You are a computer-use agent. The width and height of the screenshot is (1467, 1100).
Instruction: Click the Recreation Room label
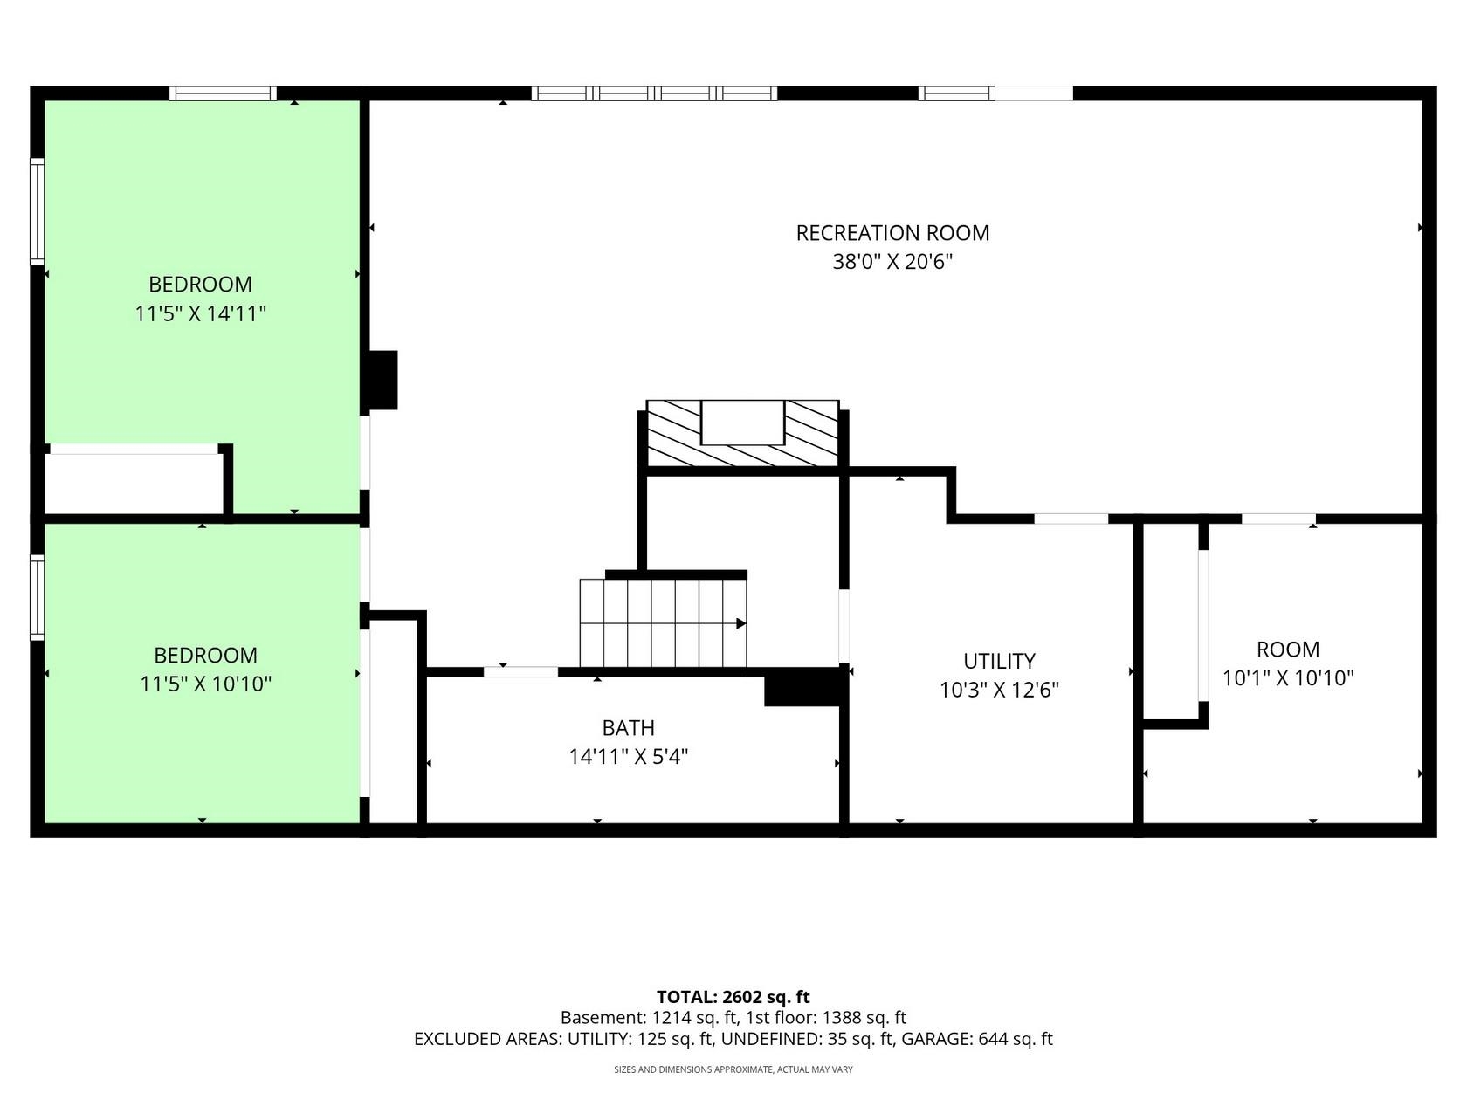tap(892, 233)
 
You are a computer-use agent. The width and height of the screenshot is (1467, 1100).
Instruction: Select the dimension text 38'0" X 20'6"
tap(892, 261)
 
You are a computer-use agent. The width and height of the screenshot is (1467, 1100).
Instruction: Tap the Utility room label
tap(998, 661)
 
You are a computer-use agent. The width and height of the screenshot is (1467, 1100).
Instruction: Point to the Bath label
tap(628, 728)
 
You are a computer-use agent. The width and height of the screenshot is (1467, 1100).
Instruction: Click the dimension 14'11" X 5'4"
tap(628, 757)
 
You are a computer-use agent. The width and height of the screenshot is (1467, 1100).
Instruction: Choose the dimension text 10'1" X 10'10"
tap(1288, 678)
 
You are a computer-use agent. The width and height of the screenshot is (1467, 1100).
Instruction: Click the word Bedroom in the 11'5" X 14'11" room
tap(201, 285)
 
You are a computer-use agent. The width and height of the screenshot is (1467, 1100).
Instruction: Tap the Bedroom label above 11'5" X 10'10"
tap(205, 655)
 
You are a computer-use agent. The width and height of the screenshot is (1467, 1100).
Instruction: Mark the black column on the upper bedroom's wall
tap(382, 380)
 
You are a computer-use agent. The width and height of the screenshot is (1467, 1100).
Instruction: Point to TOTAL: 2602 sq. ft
tap(733, 997)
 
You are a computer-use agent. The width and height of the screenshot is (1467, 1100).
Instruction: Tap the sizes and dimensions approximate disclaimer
tap(733, 1070)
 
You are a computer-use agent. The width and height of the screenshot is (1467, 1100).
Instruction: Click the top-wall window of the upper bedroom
tap(223, 93)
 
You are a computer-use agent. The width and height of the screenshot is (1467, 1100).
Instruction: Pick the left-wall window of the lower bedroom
tap(38, 598)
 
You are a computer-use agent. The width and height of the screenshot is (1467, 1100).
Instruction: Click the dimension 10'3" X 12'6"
tap(999, 690)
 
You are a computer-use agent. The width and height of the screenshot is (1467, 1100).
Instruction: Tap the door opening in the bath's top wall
tap(520, 672)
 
